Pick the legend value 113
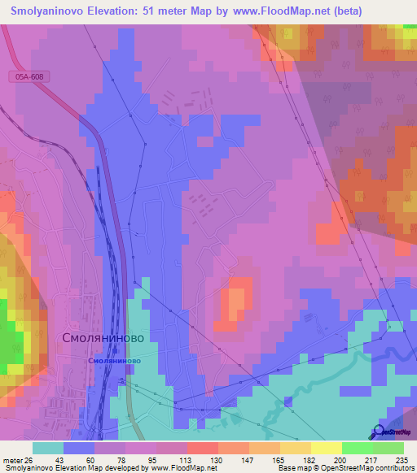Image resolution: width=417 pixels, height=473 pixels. (x=187, y=459)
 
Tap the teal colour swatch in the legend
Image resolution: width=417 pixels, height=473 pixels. (x=48, y=448)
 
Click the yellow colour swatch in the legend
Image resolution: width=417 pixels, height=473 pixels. (x=326, y=448)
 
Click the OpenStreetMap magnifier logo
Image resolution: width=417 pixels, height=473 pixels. (x=379, y=432)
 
